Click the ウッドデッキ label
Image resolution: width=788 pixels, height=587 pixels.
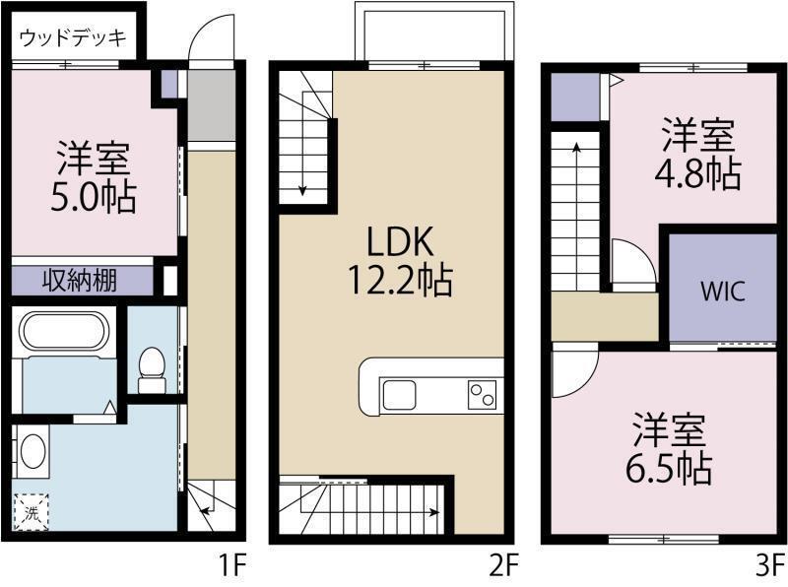(73, 39)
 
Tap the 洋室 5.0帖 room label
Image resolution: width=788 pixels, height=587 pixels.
(95, 177)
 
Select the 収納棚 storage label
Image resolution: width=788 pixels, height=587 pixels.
(80, 281)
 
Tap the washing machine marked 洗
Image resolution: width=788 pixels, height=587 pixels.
(32, 512)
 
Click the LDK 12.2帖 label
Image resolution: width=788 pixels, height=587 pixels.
(398, 261)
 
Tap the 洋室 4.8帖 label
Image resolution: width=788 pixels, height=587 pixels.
(697, 154)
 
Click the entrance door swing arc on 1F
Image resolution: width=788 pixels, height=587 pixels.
(209, 39)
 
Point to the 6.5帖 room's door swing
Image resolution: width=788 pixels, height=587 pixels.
(572, 371)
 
